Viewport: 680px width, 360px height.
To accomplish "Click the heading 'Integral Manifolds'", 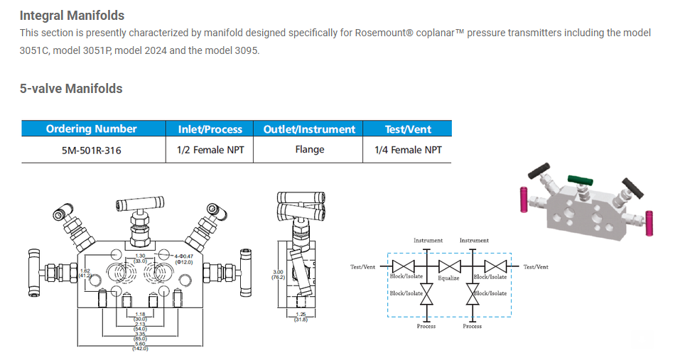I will click(72, 15).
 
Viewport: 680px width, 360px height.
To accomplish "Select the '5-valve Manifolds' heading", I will click(71, 89).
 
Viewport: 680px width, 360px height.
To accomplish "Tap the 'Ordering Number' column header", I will click(91, 129).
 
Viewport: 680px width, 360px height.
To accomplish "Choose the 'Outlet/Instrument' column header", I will click(309, 129).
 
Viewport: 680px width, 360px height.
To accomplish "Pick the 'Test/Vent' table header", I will click(408, 129).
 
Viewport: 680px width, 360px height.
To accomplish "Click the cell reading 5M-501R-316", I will click(91, 150).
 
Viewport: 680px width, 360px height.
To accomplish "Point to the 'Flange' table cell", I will click(309, 150).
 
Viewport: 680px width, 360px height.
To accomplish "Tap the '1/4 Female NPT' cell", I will click(408, 150).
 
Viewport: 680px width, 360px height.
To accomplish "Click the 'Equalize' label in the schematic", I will click(449, 278).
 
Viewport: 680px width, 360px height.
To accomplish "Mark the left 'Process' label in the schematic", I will click(426, 326).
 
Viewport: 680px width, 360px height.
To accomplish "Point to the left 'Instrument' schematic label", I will click(428, 241).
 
